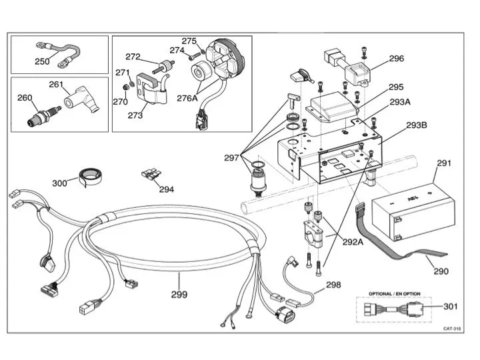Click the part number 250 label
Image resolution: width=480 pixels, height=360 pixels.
[42, 61]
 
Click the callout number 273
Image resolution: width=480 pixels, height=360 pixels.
[135, 115]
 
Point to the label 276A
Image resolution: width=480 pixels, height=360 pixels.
[187, 99]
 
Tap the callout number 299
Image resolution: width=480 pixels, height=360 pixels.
[179, 294]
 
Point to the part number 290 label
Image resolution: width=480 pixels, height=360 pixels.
[441, 271]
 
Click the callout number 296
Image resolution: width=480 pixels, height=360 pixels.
[396, 58]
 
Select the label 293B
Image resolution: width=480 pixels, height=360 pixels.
[417, 125]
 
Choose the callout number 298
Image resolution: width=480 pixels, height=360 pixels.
[333, 285]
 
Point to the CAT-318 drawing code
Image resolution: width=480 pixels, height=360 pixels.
[453, 328]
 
